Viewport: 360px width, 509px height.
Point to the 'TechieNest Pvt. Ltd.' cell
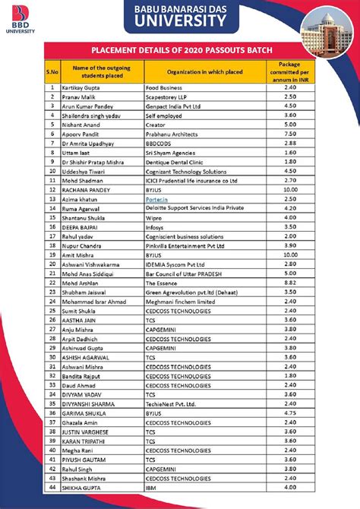174,404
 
